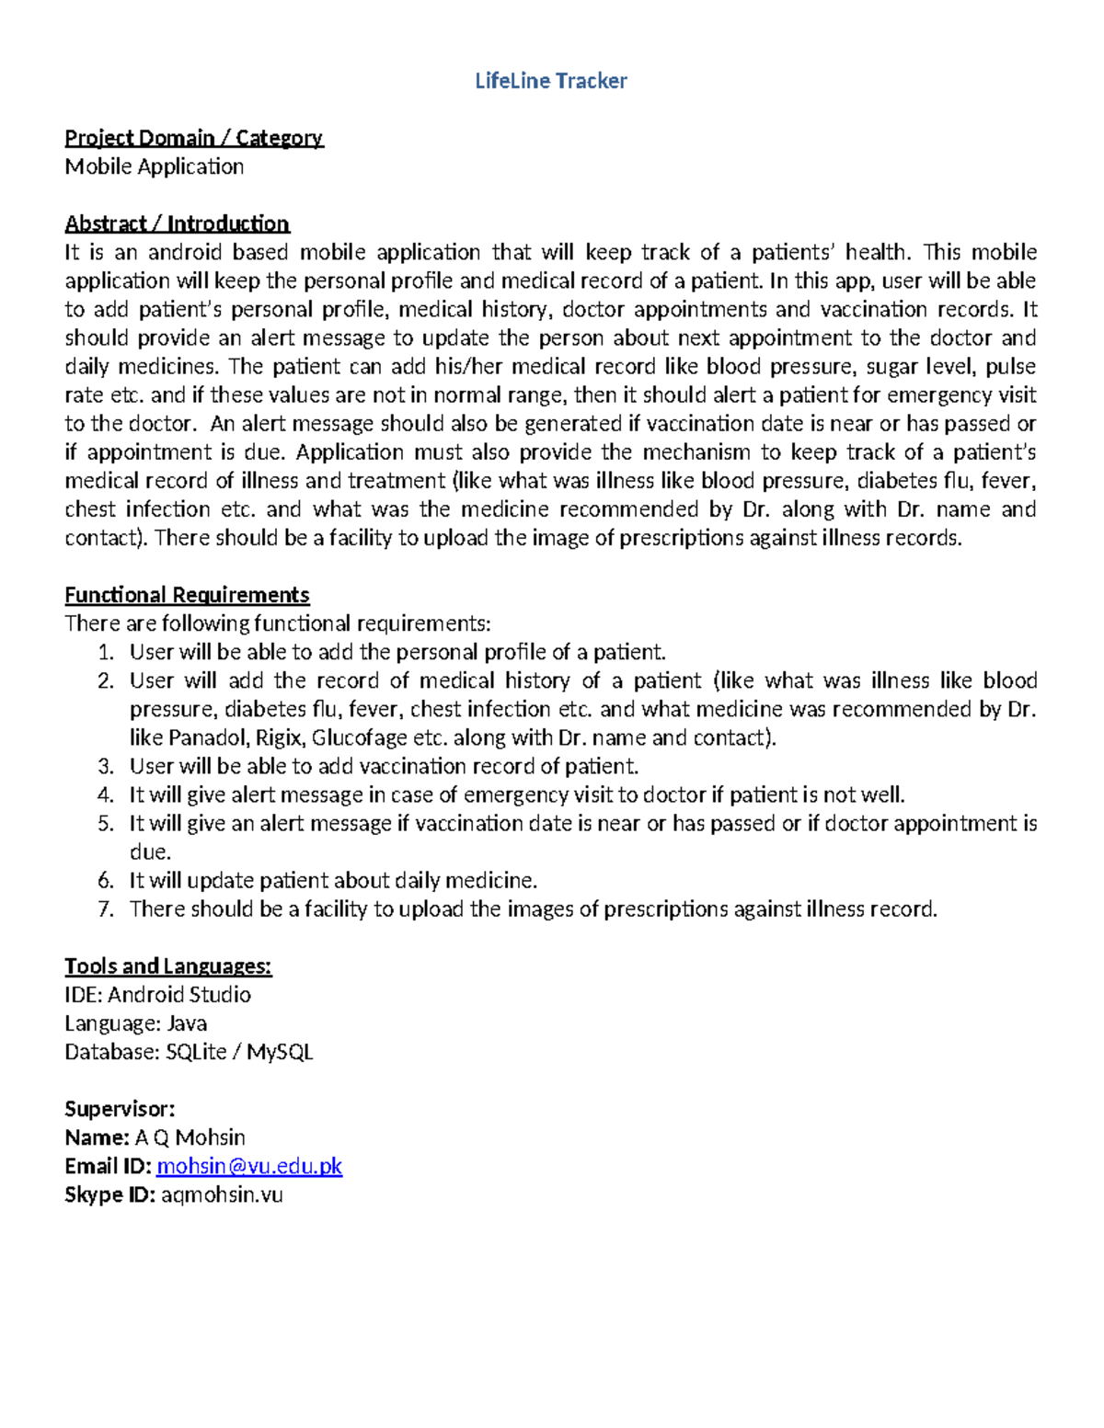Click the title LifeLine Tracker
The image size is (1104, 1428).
[x=550, y=81]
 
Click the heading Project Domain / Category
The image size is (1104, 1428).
[x=193, y=138]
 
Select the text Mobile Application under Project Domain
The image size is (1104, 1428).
[x=154, y=166]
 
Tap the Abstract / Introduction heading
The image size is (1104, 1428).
[x=177, y=223]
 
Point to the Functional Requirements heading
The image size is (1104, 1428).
[x=187, y=595]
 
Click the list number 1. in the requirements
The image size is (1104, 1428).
[x=106, y=652]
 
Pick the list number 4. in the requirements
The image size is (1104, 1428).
[x=106, y=794]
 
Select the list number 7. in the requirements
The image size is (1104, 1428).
[x=106, y=908]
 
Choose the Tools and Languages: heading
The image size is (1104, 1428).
[x=167, y=965]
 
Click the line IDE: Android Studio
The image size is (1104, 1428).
[x=157, y=994]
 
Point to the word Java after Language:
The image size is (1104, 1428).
[x=187, y=1022]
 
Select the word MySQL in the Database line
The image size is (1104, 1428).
[x=280, y=1051]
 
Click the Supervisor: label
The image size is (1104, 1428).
[x=120, y=1108]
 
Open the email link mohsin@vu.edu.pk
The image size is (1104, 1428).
[x=249, y=1166]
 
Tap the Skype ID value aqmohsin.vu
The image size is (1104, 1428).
[x=222, y=1194]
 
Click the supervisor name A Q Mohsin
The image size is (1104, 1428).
[x=190, y=1137]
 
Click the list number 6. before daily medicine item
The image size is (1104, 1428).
[x=106, y=880]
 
